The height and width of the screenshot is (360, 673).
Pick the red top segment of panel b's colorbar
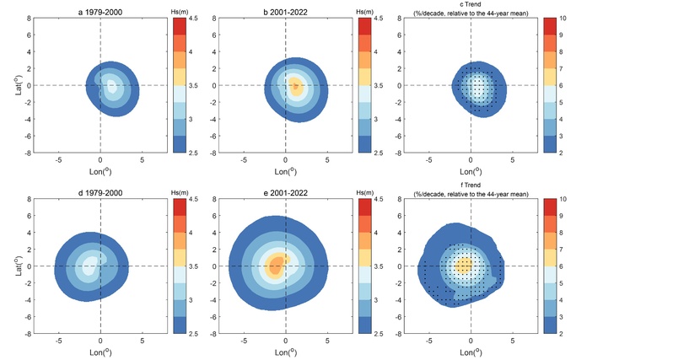(364, 26)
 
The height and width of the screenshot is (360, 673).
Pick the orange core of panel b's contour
(295, 86)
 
